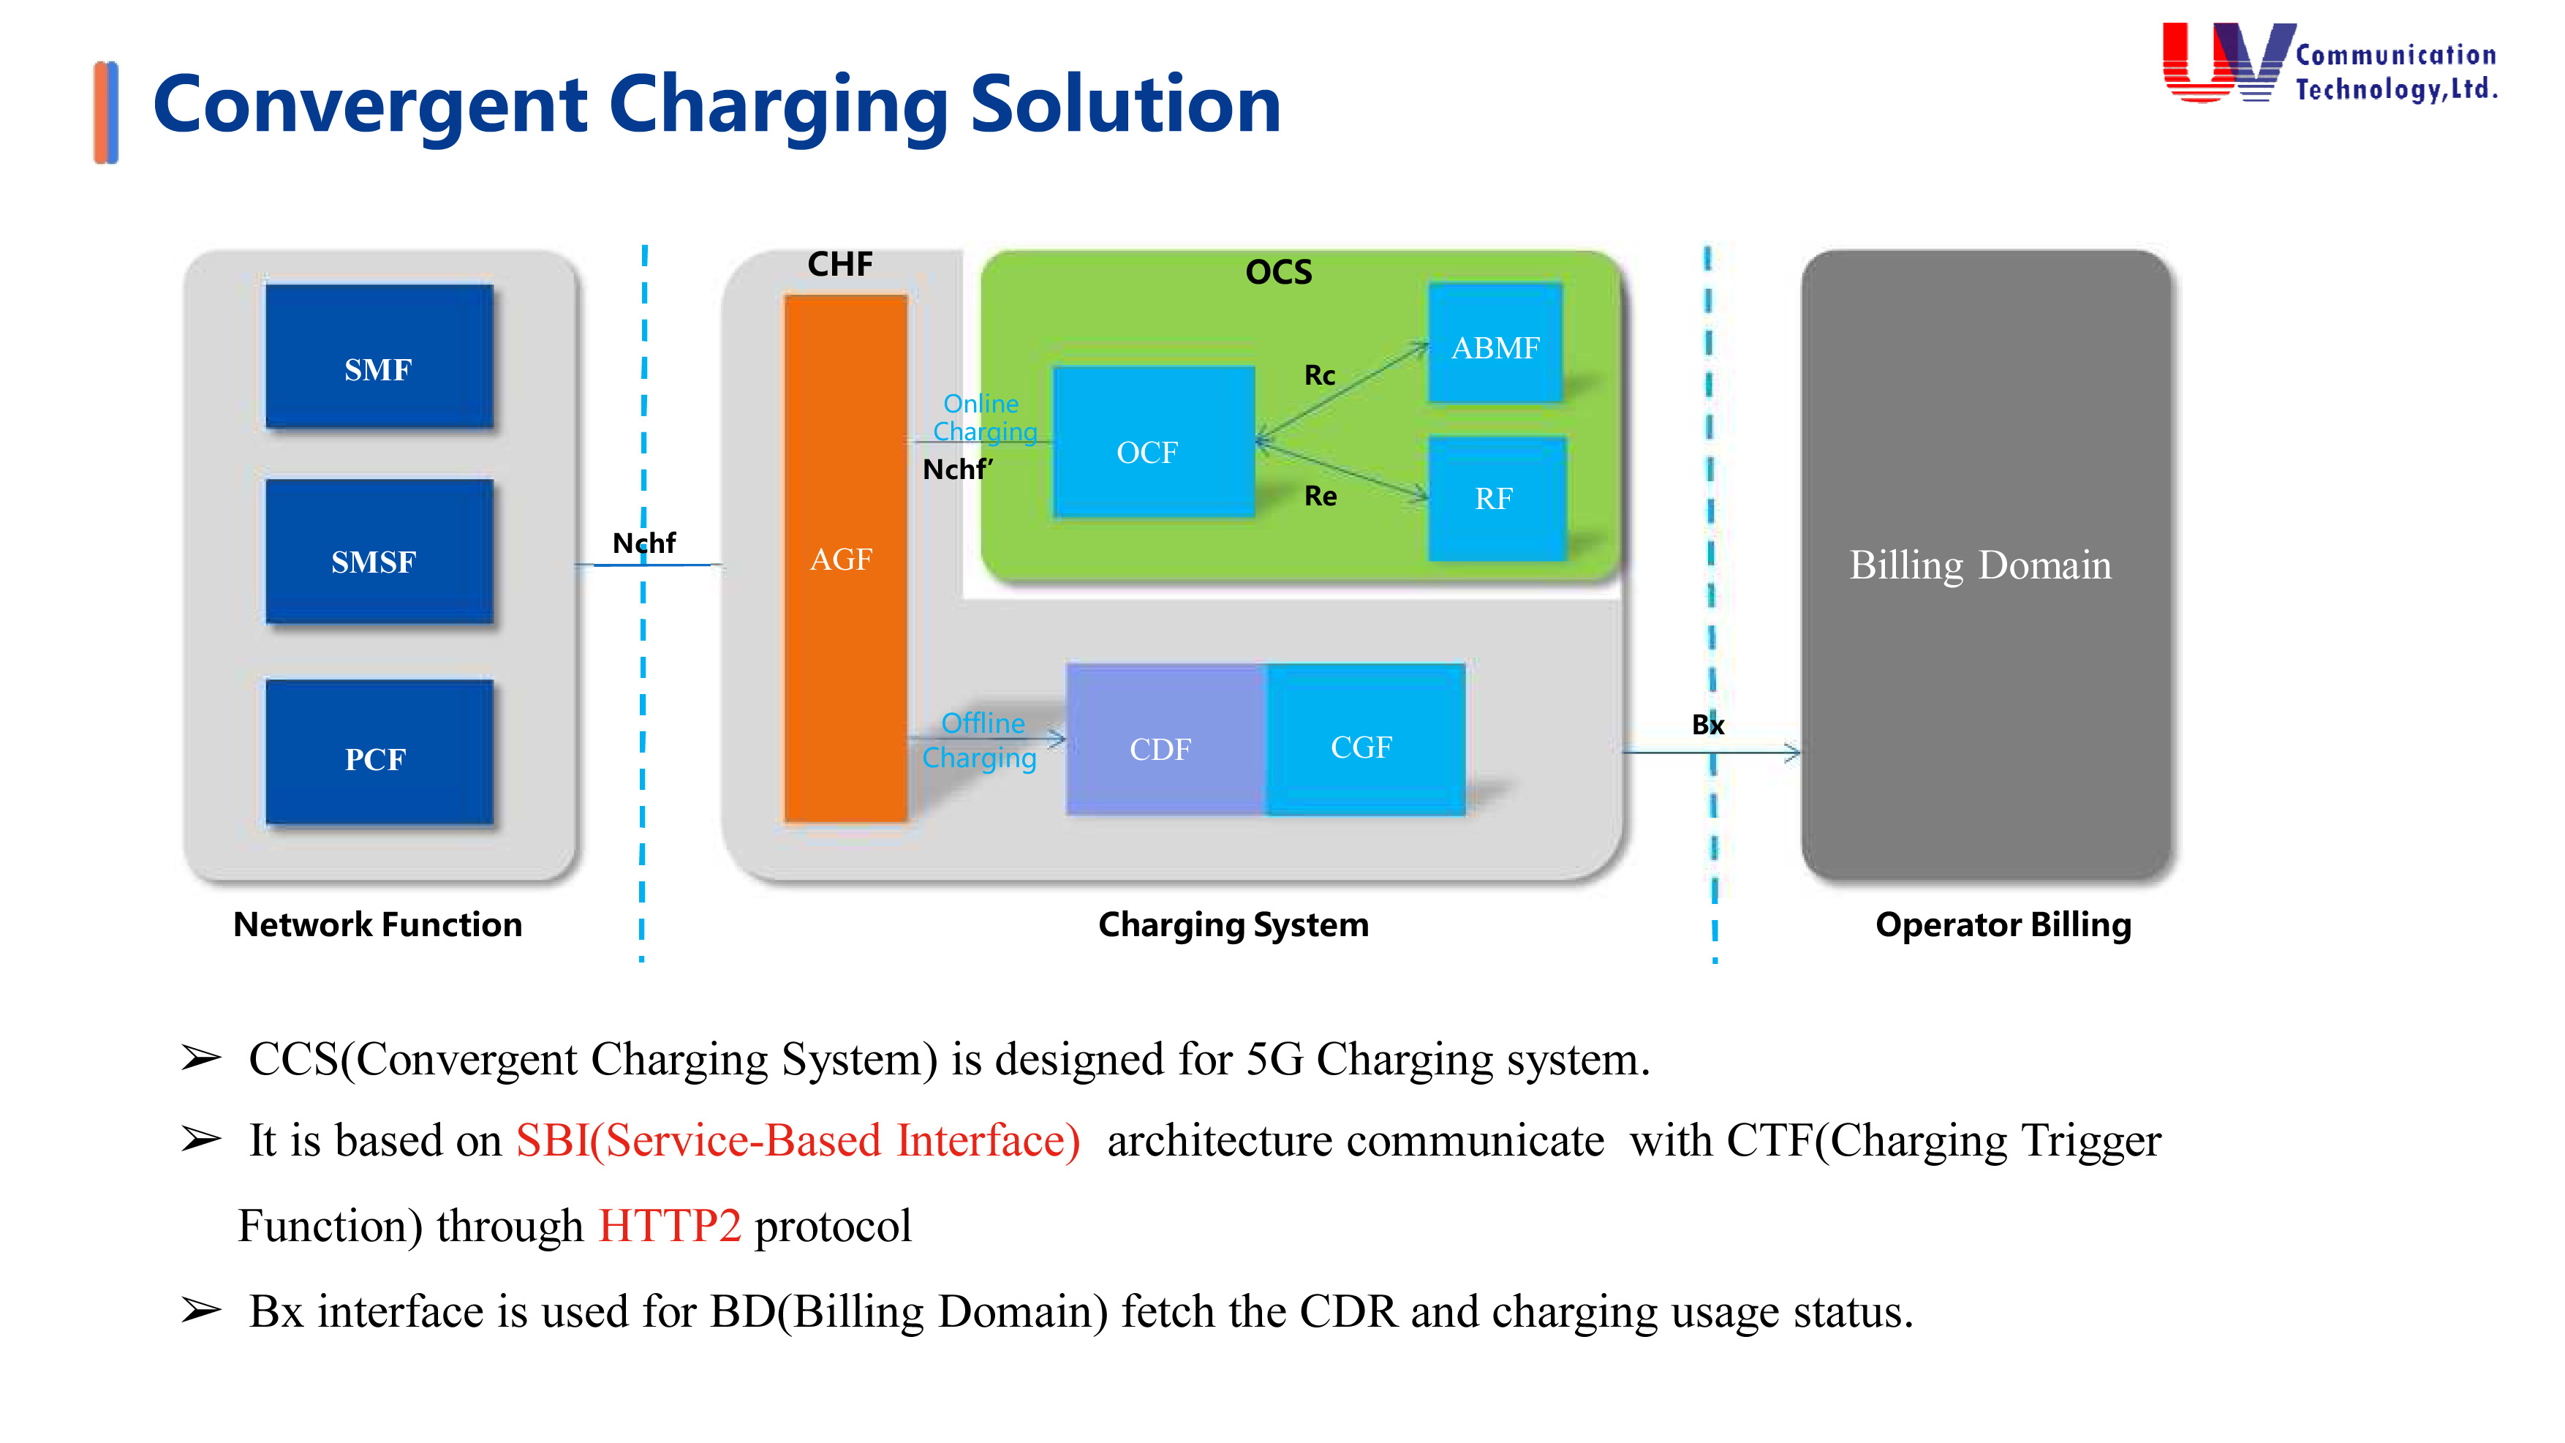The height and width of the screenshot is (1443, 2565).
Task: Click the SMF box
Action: click(378, 356)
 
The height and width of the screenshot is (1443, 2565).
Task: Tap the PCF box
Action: click(378, 752)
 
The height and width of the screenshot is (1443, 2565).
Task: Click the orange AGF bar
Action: click(845, 558)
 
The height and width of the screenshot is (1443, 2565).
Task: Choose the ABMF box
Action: click(1495, 344)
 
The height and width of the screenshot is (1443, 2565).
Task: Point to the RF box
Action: click(1495, 498)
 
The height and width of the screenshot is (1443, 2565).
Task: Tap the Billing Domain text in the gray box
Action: click(1979, 565)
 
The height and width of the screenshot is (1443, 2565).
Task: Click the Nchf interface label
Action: click(643, 543)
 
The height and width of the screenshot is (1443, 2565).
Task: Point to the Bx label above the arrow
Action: click(1707, 724)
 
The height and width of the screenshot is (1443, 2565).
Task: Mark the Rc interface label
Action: click(1319, 375)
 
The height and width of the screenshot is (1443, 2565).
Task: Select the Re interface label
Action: click(1321, 495)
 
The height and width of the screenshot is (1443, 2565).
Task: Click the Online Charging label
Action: click(983, 418)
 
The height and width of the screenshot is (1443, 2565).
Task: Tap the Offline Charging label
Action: click(981, 740)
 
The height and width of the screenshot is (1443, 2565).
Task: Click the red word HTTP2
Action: click(669, 1225)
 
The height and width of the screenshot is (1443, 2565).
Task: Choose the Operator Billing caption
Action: click(2003, 924)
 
